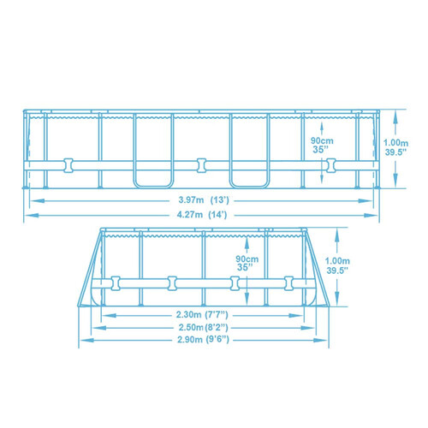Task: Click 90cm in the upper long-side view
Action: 320,140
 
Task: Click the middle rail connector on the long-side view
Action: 201,163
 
